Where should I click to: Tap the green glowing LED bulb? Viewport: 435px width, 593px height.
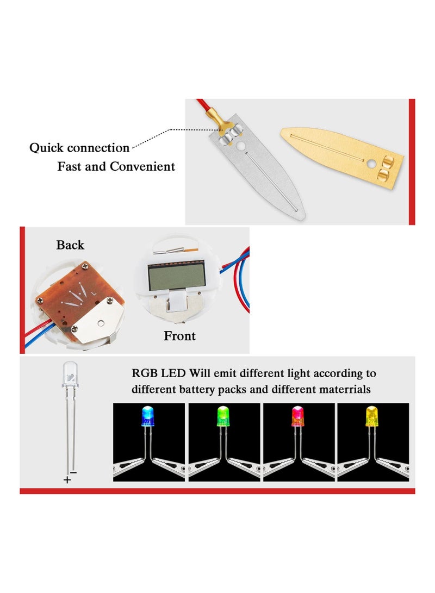pos(222,415)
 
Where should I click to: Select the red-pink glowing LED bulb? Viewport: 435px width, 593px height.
pos(297,416)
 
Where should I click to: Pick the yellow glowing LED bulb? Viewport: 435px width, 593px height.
pos(371,416)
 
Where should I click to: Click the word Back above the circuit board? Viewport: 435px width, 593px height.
pos(70,245)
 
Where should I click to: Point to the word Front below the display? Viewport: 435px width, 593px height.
pos(179,336)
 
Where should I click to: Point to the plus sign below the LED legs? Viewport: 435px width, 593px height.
pos(67,480)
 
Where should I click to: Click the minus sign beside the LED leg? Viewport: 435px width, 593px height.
pos(74,472)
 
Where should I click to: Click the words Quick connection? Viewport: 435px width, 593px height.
pos(79,147)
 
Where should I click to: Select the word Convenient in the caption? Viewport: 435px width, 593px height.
pos(142,166)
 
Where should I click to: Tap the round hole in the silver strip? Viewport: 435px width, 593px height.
pos(241,146)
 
